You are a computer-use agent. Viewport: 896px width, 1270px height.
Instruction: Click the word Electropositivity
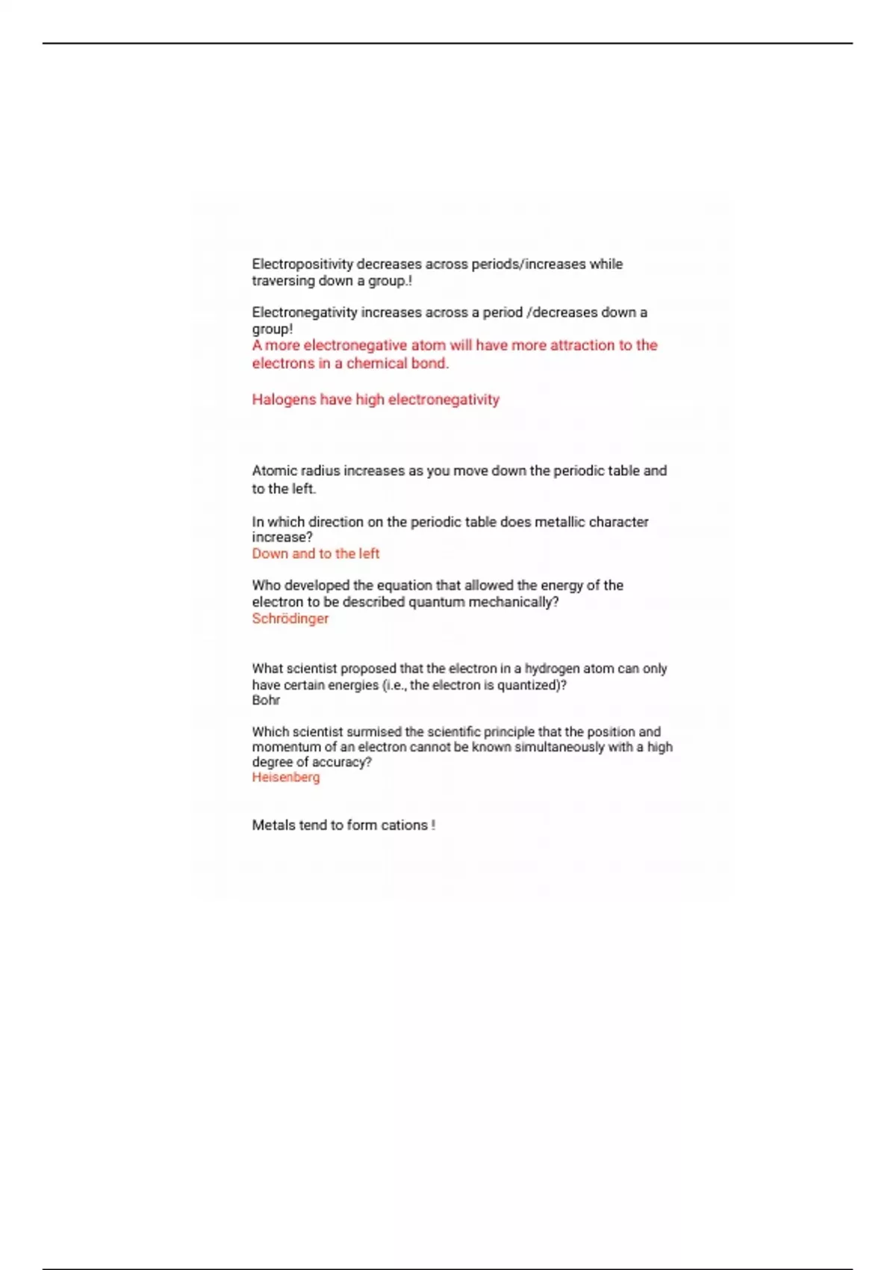[x=302, y=264]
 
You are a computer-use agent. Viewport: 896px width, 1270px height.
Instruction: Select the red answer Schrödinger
[x=290, y=619]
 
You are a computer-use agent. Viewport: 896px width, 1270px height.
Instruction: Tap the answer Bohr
[x=266, y=700]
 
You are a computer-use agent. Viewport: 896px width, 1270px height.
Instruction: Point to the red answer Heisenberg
[x=285, y=777]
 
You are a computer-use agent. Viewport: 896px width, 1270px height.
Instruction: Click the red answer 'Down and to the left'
[x=315, y=554]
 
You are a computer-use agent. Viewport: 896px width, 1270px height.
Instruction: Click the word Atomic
[x=274, y=471]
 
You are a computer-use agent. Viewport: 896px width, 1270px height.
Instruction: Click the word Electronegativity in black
[x=304, y=313]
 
